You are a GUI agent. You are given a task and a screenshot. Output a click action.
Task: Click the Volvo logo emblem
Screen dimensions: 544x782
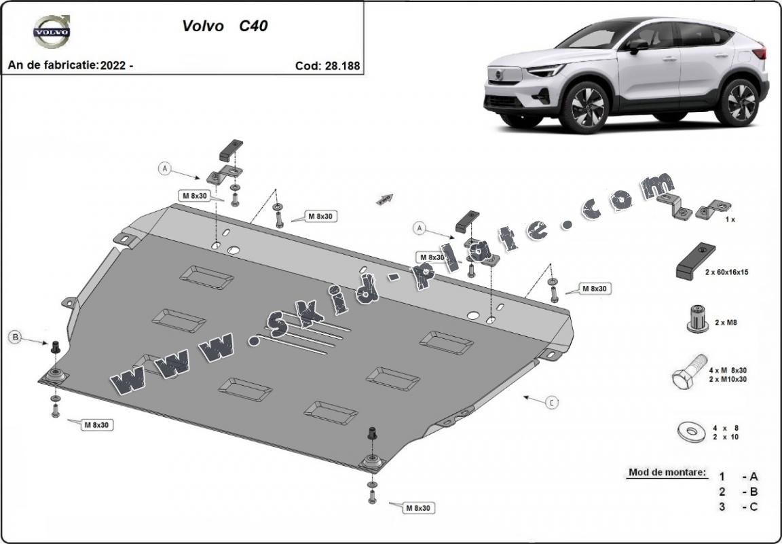[52, 31]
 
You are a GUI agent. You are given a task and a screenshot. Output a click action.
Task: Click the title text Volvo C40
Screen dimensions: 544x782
[225, 26]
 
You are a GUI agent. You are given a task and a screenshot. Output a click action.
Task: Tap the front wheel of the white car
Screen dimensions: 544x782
[583, 107]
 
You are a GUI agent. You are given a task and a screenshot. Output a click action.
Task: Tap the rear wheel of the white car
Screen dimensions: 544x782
[740, 101]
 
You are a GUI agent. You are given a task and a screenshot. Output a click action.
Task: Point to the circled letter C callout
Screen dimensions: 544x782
[552, 403]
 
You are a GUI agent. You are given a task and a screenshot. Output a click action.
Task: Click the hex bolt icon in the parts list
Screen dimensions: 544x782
[688, 371]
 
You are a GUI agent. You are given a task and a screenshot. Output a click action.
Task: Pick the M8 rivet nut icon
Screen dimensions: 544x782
[697, 319]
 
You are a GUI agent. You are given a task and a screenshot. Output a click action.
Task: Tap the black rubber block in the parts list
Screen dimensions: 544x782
[692, 261]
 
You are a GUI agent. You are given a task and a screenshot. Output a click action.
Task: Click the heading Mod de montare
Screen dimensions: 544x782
[667, 472]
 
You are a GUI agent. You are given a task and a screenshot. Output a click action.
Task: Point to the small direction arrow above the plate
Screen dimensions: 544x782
[386, 198]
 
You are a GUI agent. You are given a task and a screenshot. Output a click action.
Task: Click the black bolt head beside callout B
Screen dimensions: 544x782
[56, 346]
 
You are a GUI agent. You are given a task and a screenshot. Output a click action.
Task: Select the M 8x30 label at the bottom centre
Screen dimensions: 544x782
[420, 507]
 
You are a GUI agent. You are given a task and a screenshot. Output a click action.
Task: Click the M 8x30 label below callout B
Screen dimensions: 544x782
[97, 424]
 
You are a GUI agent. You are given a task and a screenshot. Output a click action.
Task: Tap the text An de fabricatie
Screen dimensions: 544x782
[52, 65]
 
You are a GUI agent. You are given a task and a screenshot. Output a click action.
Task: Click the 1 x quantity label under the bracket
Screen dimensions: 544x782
[730, 220]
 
